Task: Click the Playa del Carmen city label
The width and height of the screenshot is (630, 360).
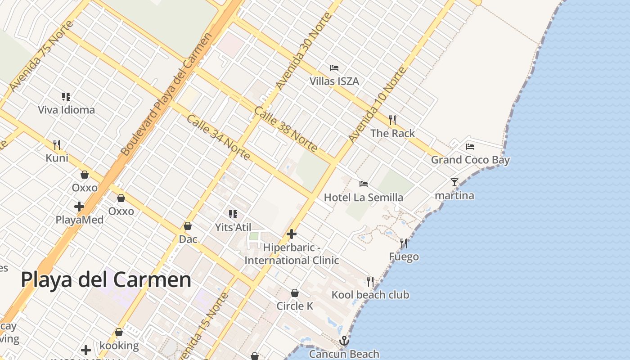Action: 106,279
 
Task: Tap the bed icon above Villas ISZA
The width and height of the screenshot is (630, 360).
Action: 334,68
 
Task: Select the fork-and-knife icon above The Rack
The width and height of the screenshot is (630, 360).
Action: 392,120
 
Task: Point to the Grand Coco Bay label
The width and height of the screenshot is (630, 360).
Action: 470,160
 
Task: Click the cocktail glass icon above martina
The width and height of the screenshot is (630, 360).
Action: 454,182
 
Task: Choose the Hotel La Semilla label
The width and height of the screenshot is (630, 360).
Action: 364,198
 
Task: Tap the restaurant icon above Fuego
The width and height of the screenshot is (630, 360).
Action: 404,243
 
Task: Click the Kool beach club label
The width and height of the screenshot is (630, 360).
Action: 370,295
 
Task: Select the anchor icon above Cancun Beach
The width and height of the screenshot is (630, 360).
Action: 344,341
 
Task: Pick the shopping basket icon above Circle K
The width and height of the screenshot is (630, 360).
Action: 295,293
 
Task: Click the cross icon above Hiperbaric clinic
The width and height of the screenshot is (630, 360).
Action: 292,234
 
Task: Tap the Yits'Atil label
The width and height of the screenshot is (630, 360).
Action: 233,227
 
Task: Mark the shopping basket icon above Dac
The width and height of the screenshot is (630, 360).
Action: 188,226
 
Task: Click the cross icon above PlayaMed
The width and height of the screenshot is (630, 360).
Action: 79,207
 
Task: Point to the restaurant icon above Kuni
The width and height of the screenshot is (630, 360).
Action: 57,144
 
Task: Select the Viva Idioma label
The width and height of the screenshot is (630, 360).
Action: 66,110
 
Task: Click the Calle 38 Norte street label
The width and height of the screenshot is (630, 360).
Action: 286,129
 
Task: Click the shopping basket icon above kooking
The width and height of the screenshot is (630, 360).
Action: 119,332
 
